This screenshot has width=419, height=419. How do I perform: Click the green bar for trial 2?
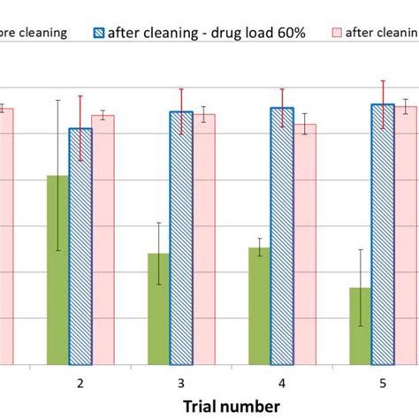click(57, 270)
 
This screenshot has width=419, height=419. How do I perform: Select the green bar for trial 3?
click(159, 309)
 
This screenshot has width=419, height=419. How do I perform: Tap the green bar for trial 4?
click(260, 306)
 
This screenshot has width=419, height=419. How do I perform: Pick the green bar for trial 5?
click(361, 325)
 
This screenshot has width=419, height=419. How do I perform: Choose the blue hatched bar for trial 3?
click(181, 238)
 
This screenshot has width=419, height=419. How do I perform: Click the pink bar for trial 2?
click(103, 240)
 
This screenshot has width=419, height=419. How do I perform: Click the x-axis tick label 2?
click(80, 383)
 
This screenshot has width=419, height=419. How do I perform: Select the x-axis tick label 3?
click(181, 383)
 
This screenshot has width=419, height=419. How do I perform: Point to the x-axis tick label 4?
click(282, 383)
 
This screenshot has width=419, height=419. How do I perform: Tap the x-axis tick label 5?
click(383, 383)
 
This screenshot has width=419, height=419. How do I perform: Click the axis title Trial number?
click(232, 405)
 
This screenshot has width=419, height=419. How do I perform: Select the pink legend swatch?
click(336, 33)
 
